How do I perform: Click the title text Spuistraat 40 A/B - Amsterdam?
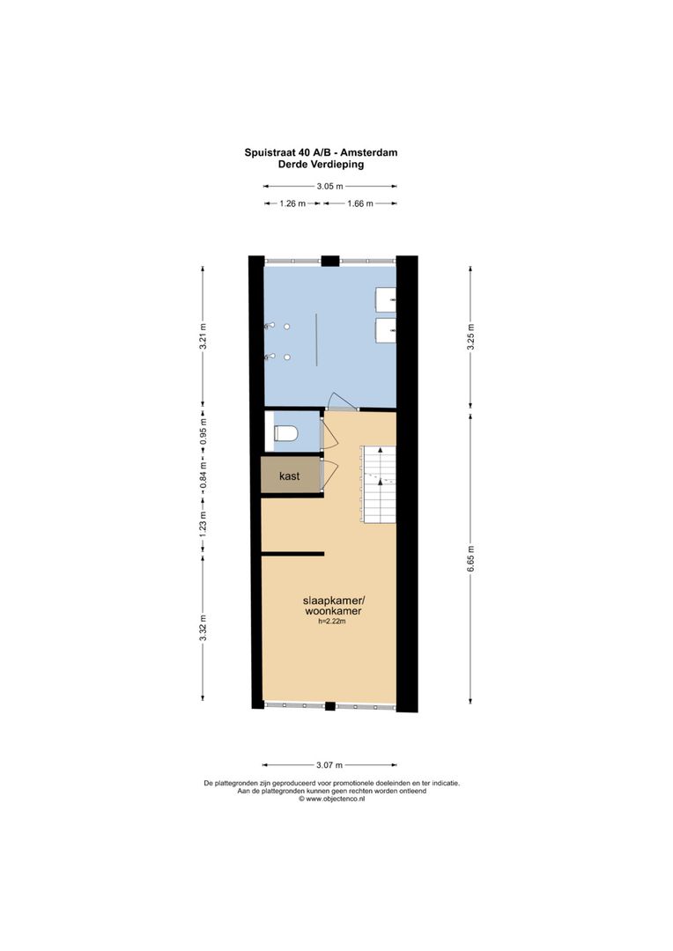321,152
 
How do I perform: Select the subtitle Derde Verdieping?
321,164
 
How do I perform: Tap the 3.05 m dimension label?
329,186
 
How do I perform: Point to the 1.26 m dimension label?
292,203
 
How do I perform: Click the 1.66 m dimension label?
359,203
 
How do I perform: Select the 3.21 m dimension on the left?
203,337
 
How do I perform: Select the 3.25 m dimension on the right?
470,338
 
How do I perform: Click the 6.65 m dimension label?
470,560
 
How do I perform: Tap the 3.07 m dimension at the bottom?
329,765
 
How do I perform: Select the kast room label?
289,475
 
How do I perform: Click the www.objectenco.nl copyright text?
331,800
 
